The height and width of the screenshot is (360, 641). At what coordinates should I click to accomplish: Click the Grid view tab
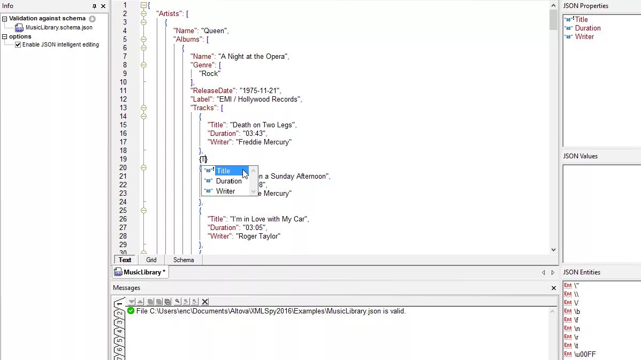pyautogui.click(x=151, y=260)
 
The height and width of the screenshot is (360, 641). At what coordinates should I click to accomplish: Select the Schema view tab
pyautogui.click(x=184, y=260)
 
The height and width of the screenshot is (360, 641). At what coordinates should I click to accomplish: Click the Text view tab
pyautogui.click(x=125, y=260)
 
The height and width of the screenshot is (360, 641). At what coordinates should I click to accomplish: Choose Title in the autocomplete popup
pyautogui.click(x=223, y=171)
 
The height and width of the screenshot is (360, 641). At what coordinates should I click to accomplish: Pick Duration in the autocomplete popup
pyautogui.click(x=228, y=181)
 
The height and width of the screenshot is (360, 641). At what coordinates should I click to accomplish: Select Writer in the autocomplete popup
pyautogui.click(x=225, y=191)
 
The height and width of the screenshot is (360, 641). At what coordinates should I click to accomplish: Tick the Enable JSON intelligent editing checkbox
pyautogui.click(x=18, y=45)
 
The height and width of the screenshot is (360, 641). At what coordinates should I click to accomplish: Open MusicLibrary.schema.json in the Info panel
pyautogui.click(x=59, y=27)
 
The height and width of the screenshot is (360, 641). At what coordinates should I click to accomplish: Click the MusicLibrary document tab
pyautogui.click(x=142, y=272)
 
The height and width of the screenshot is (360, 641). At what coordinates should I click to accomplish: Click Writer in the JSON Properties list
pyautogui.click(x=584, y=37)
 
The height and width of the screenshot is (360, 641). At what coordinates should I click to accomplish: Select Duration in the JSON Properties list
pyautogui.click(x=587, y=28)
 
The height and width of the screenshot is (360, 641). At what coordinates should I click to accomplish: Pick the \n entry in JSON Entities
pyautogui.click(x=577, y=328)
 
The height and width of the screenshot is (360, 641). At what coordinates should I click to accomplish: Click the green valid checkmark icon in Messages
pyautogui.click(x=131, y=311)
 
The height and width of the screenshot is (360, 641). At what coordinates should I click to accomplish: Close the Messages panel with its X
pyautogui.click(x=554, y=288)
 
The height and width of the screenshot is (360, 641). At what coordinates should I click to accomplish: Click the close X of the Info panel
pyautogui.click(x=103, y=6)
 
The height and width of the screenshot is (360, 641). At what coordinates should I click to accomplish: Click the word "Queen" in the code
pyautogui.click(x=215, y=31)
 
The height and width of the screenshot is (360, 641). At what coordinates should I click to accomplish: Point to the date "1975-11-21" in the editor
pyautogui.click(x=260, y=91)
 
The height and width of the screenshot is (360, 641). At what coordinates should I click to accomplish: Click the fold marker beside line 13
pyautogui.click(x=143, y=108)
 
